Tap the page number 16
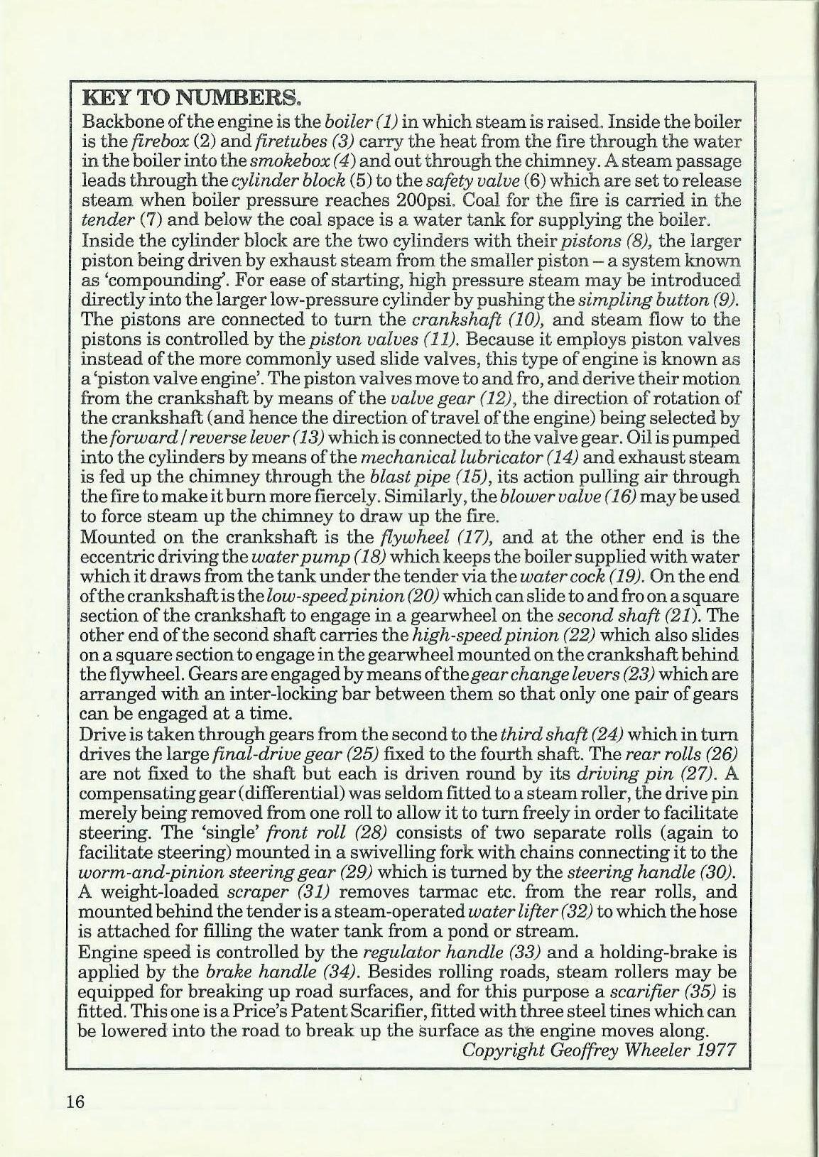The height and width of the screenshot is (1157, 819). (75, 1102)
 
